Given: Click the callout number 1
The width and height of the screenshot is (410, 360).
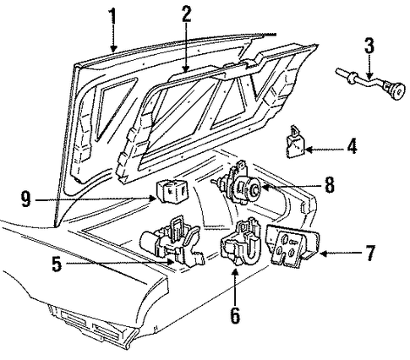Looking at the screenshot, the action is [112, 16].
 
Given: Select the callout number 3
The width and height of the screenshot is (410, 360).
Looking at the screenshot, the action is [369, 45].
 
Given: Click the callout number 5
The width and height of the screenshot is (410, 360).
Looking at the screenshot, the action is [57, 264].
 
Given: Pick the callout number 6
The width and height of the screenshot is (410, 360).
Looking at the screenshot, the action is [235, 314].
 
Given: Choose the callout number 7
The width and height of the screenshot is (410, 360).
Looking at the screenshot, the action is [370, 253].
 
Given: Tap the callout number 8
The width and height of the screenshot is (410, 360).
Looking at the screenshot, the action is [329, 184].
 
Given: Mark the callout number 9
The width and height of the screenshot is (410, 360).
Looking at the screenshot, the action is [26, 199].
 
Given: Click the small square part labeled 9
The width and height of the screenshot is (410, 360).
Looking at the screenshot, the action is [172, 191].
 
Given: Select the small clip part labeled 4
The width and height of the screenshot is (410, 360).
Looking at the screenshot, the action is [295, 142].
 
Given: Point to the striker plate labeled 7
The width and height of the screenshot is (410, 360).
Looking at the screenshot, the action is [293, 246].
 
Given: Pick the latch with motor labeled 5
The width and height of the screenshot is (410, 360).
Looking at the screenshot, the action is [172, 242].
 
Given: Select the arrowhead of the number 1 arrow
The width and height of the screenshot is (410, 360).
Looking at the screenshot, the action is [113, 48].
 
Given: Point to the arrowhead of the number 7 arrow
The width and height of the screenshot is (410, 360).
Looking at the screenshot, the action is [324, 254].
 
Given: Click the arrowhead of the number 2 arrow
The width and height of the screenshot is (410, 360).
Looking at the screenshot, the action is [185, 68].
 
